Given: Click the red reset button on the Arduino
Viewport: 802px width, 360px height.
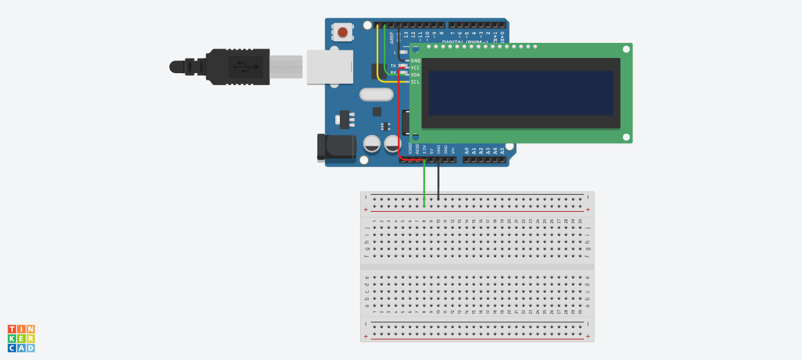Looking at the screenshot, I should (x=342, y=32).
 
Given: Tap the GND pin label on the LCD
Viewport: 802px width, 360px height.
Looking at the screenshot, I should (x=416, y=61).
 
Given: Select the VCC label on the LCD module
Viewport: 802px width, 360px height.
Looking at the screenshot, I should (x=416, y=67).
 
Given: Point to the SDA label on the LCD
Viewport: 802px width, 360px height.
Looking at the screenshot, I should (x=416, y=74).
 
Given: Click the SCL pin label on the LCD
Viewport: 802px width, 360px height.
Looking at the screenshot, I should (x=416, y=81).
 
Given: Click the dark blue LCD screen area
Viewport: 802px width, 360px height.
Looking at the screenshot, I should (x=521, y=93).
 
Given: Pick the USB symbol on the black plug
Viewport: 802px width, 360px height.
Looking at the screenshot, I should (x=246, y=66).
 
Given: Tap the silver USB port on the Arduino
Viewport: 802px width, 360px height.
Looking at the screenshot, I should (x=330, y=67).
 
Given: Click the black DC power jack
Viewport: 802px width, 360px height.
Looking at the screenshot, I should (x=335, y=147).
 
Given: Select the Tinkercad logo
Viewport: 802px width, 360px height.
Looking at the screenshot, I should (x=21, y=339).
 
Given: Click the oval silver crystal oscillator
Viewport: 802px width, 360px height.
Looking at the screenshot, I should (x=376, y=95).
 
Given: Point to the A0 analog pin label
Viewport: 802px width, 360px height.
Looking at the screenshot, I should (x=467, y=151).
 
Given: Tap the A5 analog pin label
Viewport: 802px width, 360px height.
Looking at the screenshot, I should (x=503, y=151).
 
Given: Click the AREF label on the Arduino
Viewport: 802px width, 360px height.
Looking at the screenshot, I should (x=392, y=37).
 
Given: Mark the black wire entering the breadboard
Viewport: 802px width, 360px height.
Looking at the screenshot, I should (x=439, y=183).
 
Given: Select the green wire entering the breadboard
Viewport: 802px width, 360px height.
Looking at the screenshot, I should (x=424, y=183).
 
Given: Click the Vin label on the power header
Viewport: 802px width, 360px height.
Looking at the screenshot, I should (x=453, y=151).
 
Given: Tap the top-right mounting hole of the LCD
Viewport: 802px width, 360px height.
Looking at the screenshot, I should (x=626, y=49).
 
